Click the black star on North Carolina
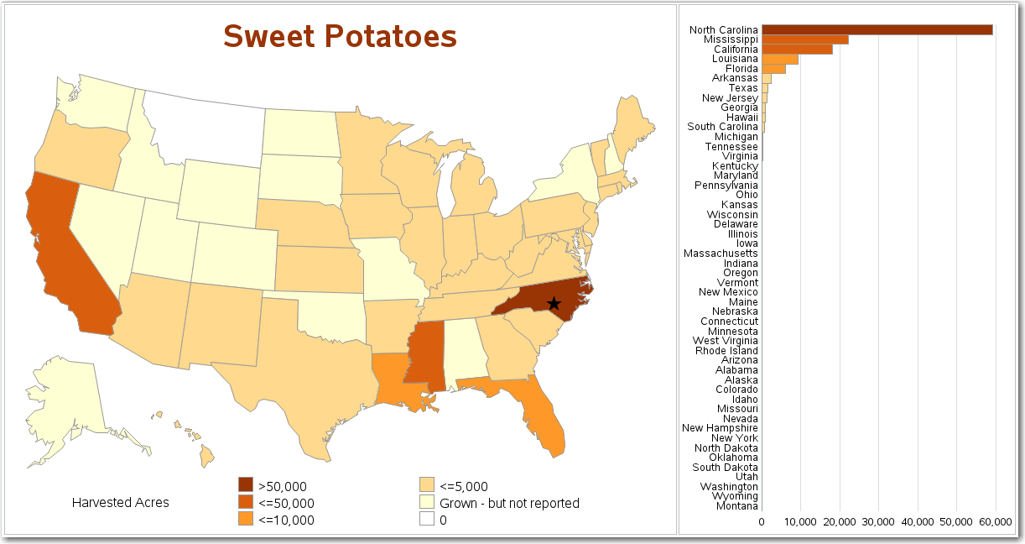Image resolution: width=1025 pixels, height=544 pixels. [x=553, y=303]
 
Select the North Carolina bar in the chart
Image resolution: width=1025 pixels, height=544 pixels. [x=877, y=30]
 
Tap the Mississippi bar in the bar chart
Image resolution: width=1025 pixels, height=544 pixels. [x=804, y=39]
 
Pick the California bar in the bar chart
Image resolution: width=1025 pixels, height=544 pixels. [x=797, y=50]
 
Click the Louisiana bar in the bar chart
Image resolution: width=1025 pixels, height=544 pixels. [x=779, y=60]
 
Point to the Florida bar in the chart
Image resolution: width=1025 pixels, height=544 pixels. [x=773, y=69]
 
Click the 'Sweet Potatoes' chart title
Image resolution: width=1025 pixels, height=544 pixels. [x=340, y=36]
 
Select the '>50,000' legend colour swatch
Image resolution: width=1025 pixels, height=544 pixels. [x=245, y=485]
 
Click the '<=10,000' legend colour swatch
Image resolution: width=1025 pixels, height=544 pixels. [x=245, y=519]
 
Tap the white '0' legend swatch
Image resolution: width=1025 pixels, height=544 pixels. [x=427, y=519]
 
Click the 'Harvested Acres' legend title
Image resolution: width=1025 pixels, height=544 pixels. [x=120, y=503]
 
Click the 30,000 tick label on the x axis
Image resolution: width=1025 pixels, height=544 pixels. [x=878, y=521]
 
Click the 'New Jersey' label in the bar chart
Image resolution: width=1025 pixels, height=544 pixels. [x=730, y=98]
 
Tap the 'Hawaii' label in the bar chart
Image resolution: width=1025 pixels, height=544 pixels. [x=741, y=118]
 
